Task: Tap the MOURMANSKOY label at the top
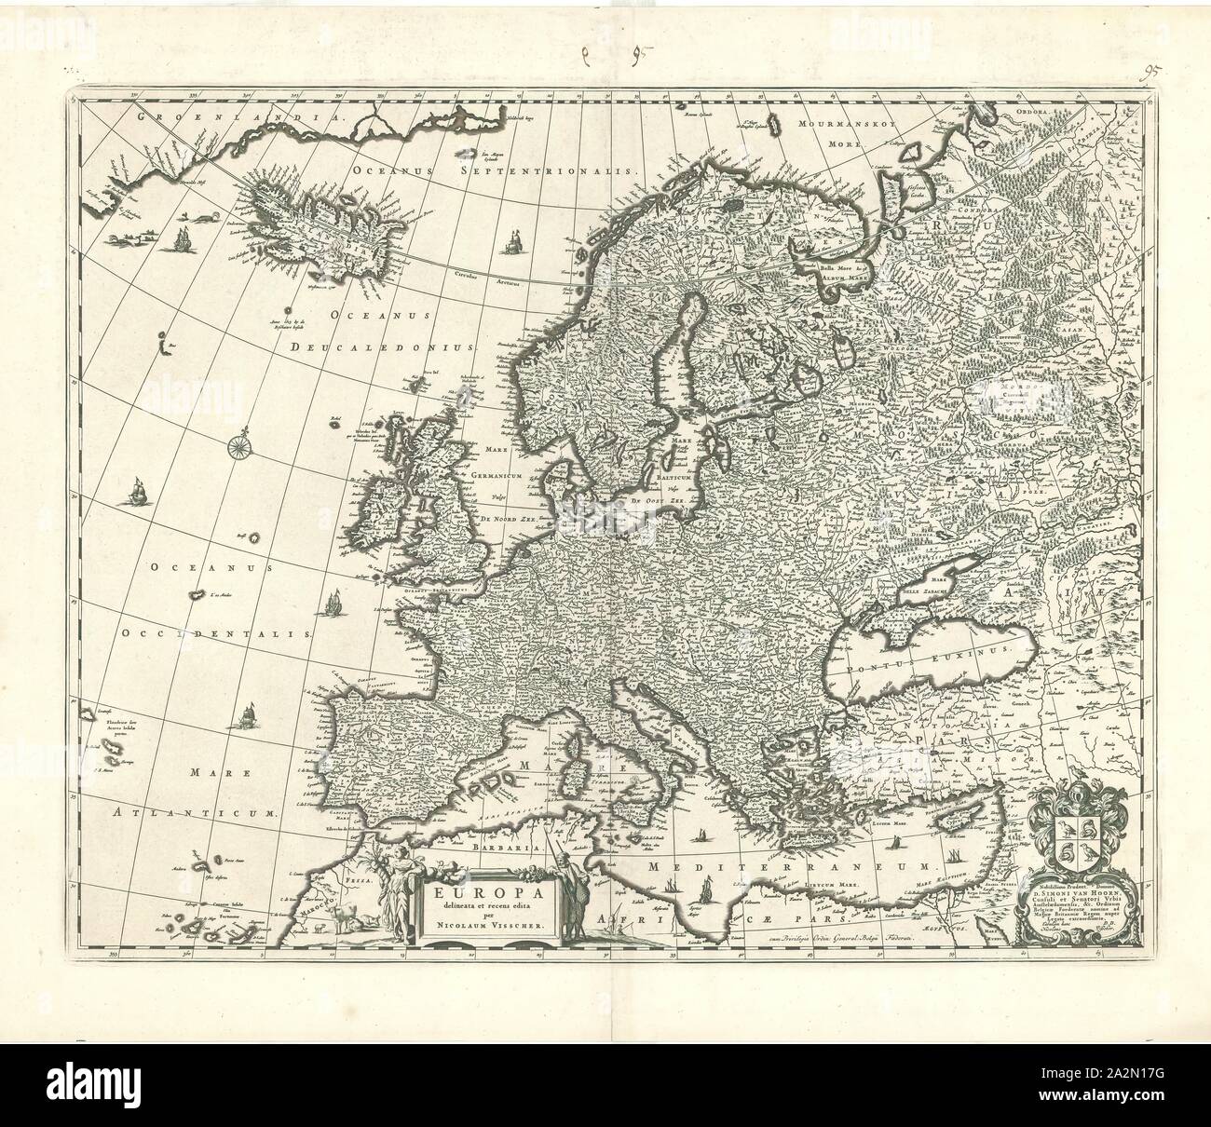(x=830, y=122)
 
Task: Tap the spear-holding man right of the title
(x=579, y=894)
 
